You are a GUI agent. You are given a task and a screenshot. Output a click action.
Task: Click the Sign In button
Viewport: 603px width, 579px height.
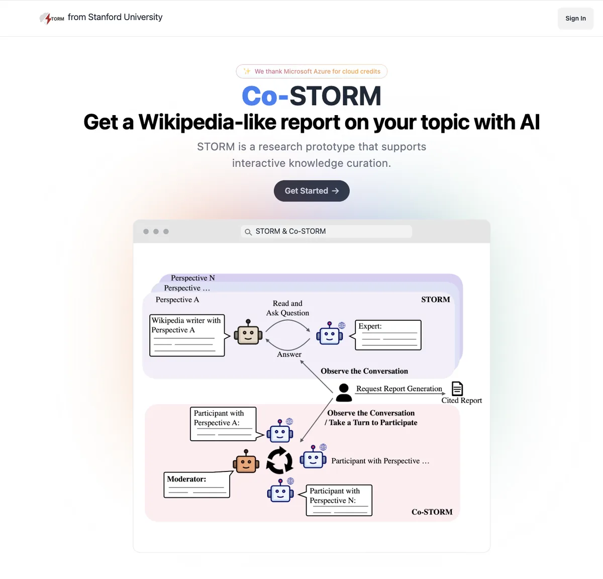click(575, 18)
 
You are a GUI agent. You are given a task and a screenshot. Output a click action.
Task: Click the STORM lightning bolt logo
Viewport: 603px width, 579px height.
click(52, 18)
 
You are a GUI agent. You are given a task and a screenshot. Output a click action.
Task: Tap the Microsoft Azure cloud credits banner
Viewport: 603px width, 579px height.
click(312, 71)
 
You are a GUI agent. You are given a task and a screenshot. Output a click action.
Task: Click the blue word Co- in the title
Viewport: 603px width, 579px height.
click(265, 96)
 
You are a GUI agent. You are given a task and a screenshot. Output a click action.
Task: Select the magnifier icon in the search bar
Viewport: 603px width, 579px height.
click(248, 232)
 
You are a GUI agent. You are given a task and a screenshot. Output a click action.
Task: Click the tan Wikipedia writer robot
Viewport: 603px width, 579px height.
click(248, 332)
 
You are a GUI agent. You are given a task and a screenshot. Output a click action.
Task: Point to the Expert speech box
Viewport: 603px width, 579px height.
click(388, 335)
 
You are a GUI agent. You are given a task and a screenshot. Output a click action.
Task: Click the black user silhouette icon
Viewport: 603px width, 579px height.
click(344, 393)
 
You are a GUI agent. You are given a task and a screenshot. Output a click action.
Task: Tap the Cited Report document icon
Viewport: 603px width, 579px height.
click(457, 389)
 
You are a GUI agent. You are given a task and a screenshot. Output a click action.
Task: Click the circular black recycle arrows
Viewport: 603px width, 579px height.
click(279, 460)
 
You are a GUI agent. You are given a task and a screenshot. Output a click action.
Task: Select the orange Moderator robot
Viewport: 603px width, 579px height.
click(246, 461)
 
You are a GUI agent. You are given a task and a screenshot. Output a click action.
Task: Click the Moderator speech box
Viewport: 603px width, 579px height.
click(197, 485)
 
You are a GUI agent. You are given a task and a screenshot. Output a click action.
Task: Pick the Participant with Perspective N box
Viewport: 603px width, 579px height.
click(339, 500)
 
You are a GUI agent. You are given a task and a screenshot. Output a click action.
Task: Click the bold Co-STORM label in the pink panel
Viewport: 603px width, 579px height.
click(432, 512)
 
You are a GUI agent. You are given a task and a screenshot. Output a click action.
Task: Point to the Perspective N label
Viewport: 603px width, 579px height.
click(193, 278)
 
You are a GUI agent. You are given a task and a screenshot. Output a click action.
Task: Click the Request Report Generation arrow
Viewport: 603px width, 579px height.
click(400, 394)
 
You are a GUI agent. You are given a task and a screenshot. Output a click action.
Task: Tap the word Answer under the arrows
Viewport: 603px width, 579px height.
click(289, 354)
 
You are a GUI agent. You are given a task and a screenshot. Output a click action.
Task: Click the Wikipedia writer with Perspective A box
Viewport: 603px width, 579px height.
click(187, 335)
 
